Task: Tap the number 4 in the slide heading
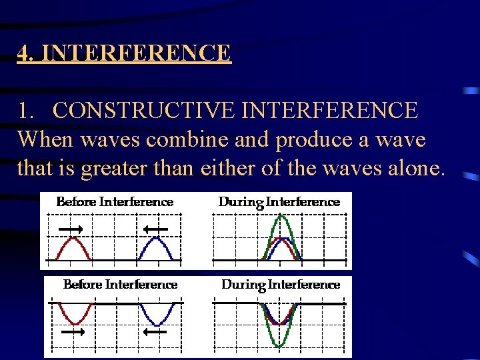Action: (x=23, y=52)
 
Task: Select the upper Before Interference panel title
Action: (x=115, y=201)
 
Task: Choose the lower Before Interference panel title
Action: (x=120, y=285)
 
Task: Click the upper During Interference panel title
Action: (x=279, y=202)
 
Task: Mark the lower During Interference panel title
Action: (x=281, y=285)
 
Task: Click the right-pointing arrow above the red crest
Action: (x=71, y=229)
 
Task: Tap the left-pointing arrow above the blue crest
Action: (x=155, y=229)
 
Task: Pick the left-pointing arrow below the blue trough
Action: (x=155, y=331)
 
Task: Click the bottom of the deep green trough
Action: (x=281, y=346)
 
